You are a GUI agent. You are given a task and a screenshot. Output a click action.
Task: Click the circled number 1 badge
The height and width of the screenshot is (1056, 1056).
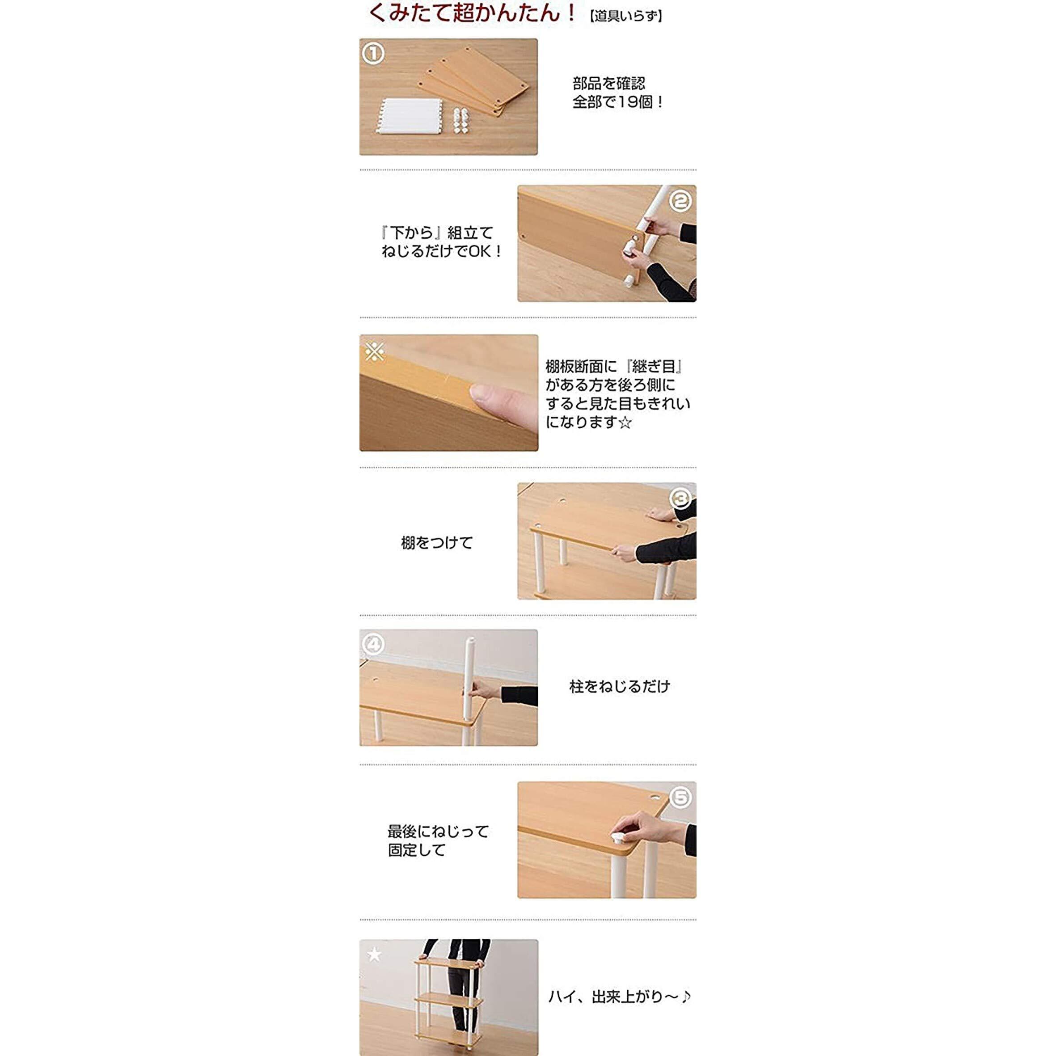(373, 54)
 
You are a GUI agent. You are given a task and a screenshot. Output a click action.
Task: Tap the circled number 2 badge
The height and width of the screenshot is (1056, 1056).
(680, 201)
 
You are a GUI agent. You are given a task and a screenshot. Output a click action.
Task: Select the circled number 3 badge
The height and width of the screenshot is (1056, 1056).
(681, 498)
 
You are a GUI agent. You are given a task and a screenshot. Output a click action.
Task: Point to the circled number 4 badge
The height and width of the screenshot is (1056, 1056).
(373, 644)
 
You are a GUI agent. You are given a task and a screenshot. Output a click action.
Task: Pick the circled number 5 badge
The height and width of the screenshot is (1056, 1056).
(680, 798)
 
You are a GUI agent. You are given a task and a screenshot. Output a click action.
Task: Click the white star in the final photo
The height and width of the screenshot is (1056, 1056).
(374, 955)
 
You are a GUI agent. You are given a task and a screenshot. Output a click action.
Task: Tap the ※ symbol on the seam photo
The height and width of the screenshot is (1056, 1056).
(374, 351)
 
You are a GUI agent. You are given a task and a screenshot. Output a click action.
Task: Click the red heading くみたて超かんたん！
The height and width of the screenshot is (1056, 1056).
(471, 13)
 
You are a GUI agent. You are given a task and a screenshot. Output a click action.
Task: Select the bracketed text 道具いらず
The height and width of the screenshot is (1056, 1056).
(626, 17)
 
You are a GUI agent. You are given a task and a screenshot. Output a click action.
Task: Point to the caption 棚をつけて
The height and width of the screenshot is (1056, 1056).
(437, 543)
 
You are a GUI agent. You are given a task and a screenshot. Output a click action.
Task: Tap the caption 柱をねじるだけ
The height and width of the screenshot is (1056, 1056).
(619, 687)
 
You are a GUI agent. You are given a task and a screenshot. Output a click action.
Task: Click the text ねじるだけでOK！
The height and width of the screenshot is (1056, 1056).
(441, 251)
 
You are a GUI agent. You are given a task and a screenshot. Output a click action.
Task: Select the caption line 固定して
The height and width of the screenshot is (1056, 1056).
(417, 850)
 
